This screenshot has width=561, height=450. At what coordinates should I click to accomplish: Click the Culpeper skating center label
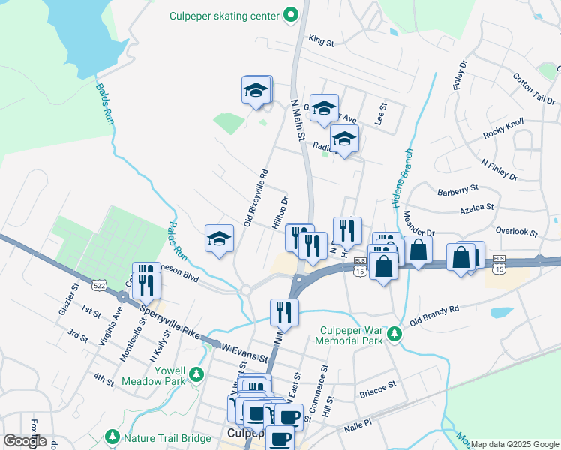coord(226,15)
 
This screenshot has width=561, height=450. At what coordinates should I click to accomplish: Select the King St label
coord(320,43)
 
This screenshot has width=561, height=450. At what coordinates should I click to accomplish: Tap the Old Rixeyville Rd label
coord(256,196)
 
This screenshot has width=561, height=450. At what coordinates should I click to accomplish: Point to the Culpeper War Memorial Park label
coord(352,335)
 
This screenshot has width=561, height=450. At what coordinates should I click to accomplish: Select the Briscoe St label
coord(377,387)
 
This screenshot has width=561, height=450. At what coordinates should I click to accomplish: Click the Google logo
coord(25,441)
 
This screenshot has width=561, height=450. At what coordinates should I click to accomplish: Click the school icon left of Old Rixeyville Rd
coord(219,239)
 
